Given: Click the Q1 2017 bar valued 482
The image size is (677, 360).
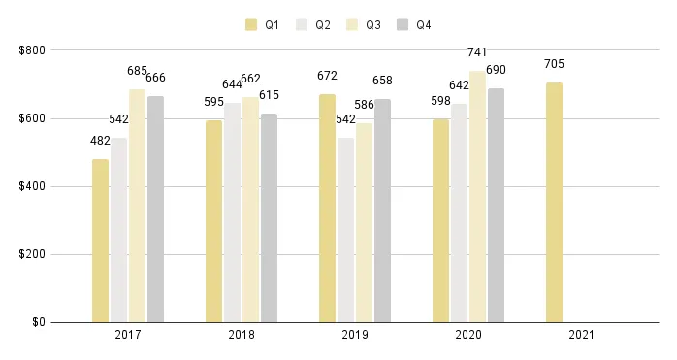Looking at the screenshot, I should point(100,241).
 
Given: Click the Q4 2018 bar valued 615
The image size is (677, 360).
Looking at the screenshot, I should point(269,217).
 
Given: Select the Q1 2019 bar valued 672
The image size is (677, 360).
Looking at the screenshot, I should point(327,208).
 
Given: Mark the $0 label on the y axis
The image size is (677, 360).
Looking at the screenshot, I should point(37,322).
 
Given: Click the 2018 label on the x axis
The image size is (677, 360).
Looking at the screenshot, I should point(241,335).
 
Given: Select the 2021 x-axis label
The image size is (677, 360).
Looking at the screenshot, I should point(581,335).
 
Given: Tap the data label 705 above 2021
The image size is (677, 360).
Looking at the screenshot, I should point(554,65).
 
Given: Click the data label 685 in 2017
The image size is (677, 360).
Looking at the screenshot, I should point(137,71).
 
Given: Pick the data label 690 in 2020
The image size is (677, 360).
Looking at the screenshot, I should point(497,72).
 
